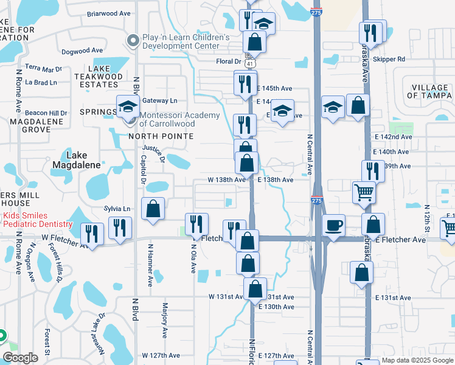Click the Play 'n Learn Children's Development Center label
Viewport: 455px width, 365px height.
pyautogui.click(x=186, y=41)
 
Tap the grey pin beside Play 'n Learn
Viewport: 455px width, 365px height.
pyautogui.click(x=133, y=41)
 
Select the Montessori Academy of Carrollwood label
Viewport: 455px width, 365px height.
pyautogui.click(x=179, y=119)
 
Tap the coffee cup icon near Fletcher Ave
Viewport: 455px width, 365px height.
pyautogui.click(x=333, y=226)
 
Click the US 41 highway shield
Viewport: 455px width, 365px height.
pyautogui.click(x=250, y=61)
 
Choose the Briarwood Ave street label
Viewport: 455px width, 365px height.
pyautogui.click(x=109, y=13)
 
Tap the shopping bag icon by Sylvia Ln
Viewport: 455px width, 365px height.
pyautogui.click(x=153, y=209)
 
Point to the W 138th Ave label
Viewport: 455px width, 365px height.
pyautogui.click(x=226, y=179)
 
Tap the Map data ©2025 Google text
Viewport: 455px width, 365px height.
pyautogui.click(x=417, y=360)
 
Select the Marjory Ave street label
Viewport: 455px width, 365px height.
pyautogui.click(x=164, y=320)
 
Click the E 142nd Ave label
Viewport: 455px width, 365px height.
pyautogui.click(x=394, y=137)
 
